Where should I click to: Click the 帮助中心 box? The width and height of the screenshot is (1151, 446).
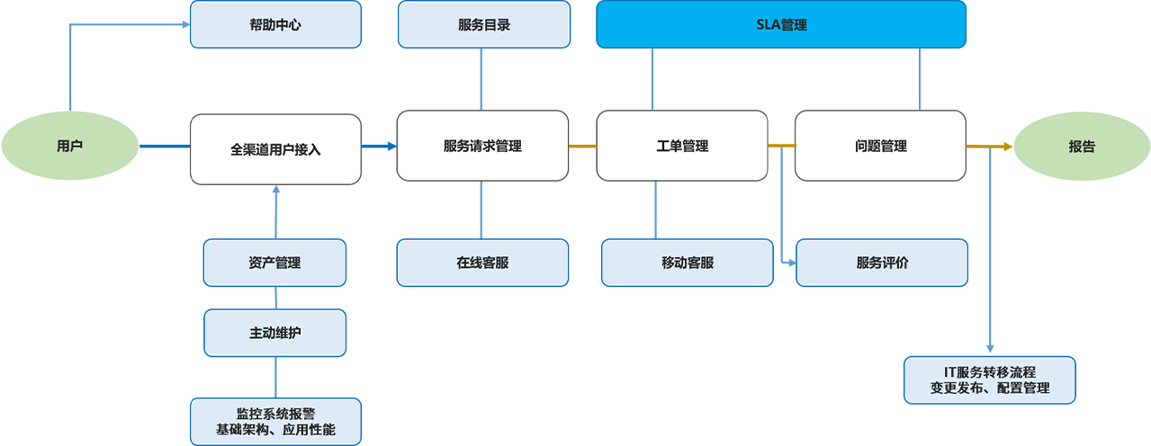tap(275, 24)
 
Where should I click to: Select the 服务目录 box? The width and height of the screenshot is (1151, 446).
tap(483, 24)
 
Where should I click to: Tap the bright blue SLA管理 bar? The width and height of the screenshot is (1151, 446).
tap(781, 24)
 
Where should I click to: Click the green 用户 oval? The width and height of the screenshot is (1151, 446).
tap(70, 146)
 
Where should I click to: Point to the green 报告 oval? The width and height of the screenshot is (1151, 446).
tap(1082, 147)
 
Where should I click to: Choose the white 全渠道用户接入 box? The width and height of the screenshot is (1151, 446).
tap(275, 149)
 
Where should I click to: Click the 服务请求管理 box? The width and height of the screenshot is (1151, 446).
tap(482, 146)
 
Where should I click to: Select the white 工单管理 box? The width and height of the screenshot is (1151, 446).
tap(682, 146)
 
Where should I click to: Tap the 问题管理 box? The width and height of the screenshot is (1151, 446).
tap(880, 146)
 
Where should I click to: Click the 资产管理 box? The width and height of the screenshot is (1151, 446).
tap(274, 263)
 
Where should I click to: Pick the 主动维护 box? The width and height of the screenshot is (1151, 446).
tap(274, 333)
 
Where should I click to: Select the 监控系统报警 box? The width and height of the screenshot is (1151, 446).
tap(275, 422)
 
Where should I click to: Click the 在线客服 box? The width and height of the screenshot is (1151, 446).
tap(482, 263)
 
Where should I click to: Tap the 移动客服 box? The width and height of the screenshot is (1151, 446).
tap(687, 263)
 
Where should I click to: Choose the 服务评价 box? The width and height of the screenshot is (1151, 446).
tap(882, 263)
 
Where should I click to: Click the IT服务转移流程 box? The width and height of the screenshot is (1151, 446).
tap(989, 380)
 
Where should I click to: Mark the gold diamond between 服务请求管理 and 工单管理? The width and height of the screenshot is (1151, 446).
tap(583, 146)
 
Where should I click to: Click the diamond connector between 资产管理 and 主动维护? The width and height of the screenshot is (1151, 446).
tap(275, 298)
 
